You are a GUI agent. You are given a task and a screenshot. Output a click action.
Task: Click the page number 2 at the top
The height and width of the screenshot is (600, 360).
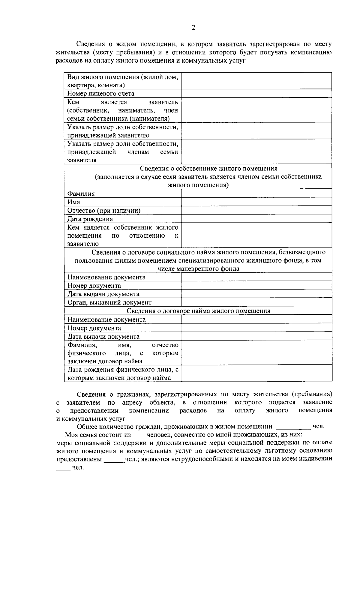tap(193, 28)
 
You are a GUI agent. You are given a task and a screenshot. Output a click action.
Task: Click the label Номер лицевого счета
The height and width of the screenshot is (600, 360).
tap(100, 94)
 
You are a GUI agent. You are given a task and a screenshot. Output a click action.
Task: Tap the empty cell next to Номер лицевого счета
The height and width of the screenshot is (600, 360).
tap(256, 94)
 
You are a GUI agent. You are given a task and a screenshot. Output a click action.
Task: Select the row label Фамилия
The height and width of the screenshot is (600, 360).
tap(81, 193)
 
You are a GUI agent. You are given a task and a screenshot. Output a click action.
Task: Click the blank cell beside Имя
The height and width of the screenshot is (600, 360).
tap(256, 202)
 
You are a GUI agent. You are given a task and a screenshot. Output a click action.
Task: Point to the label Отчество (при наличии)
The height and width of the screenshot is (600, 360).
tap(104, 211)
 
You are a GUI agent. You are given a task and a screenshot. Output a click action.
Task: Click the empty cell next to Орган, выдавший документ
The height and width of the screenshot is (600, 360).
tap(256, 302)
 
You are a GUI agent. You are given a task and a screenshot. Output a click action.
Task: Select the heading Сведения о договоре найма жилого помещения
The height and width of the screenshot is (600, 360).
tap(198, 311)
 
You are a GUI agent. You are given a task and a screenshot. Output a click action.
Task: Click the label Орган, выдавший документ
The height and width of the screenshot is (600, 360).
tap(109, 302)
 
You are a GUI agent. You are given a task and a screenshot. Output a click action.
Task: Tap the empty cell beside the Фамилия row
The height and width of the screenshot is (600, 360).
tap(256, 193)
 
